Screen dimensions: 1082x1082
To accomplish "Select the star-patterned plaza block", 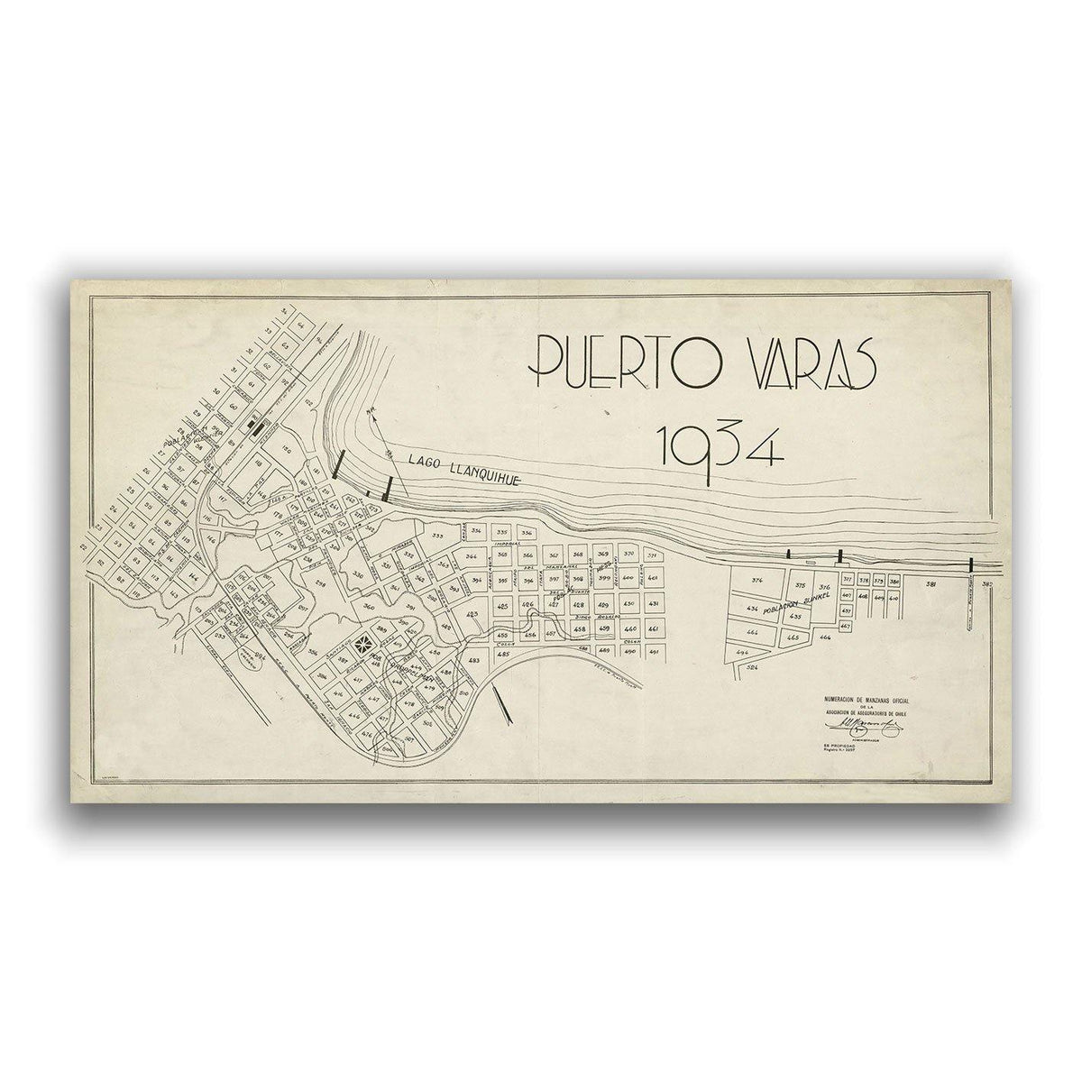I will [x=367, y=641].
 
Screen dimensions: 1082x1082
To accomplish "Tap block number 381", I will [x=931, y=585].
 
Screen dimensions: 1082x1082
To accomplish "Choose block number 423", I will [x=473, y=614].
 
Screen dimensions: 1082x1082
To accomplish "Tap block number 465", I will [x=793, y=637].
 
